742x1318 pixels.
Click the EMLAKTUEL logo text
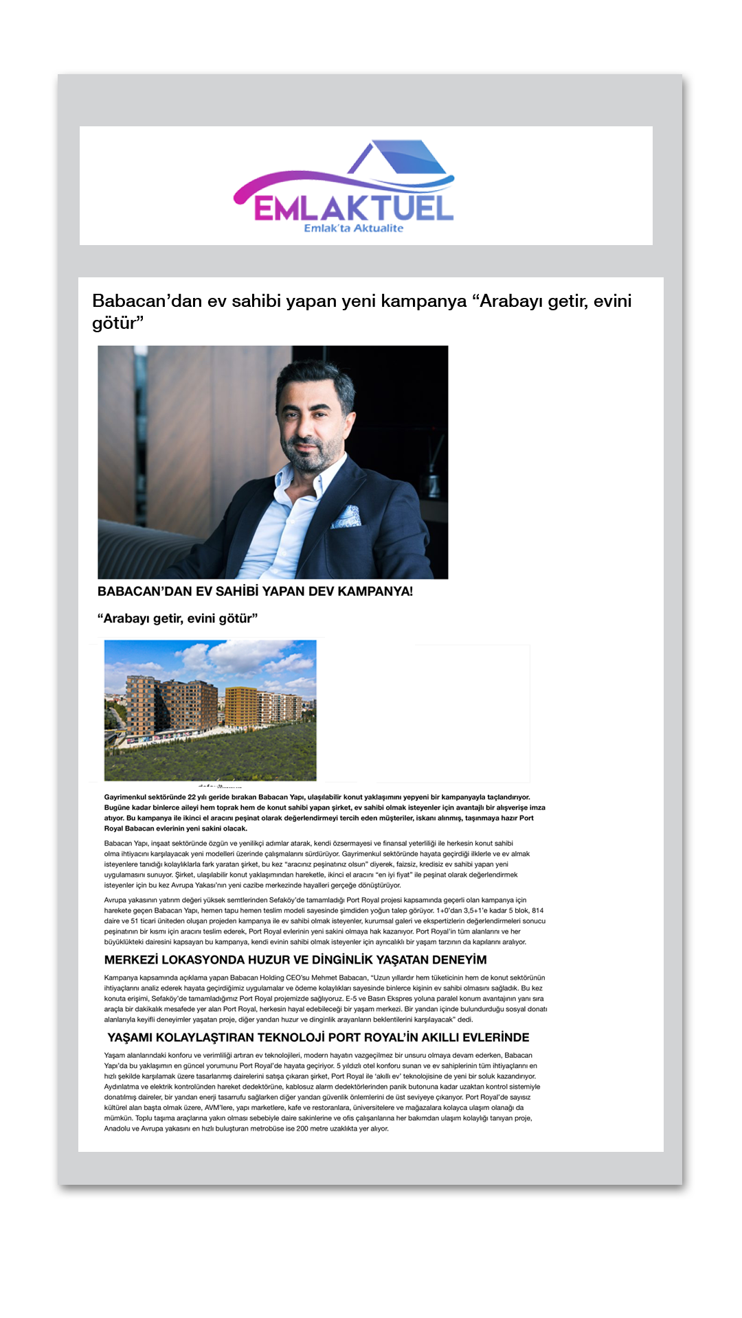point(353,207)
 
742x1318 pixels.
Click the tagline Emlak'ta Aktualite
point(353,229)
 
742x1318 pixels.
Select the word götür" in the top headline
point(117,323)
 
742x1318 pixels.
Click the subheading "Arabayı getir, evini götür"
point(177,618)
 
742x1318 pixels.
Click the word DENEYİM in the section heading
point(453,960)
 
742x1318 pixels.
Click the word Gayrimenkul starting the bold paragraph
point(125,797)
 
